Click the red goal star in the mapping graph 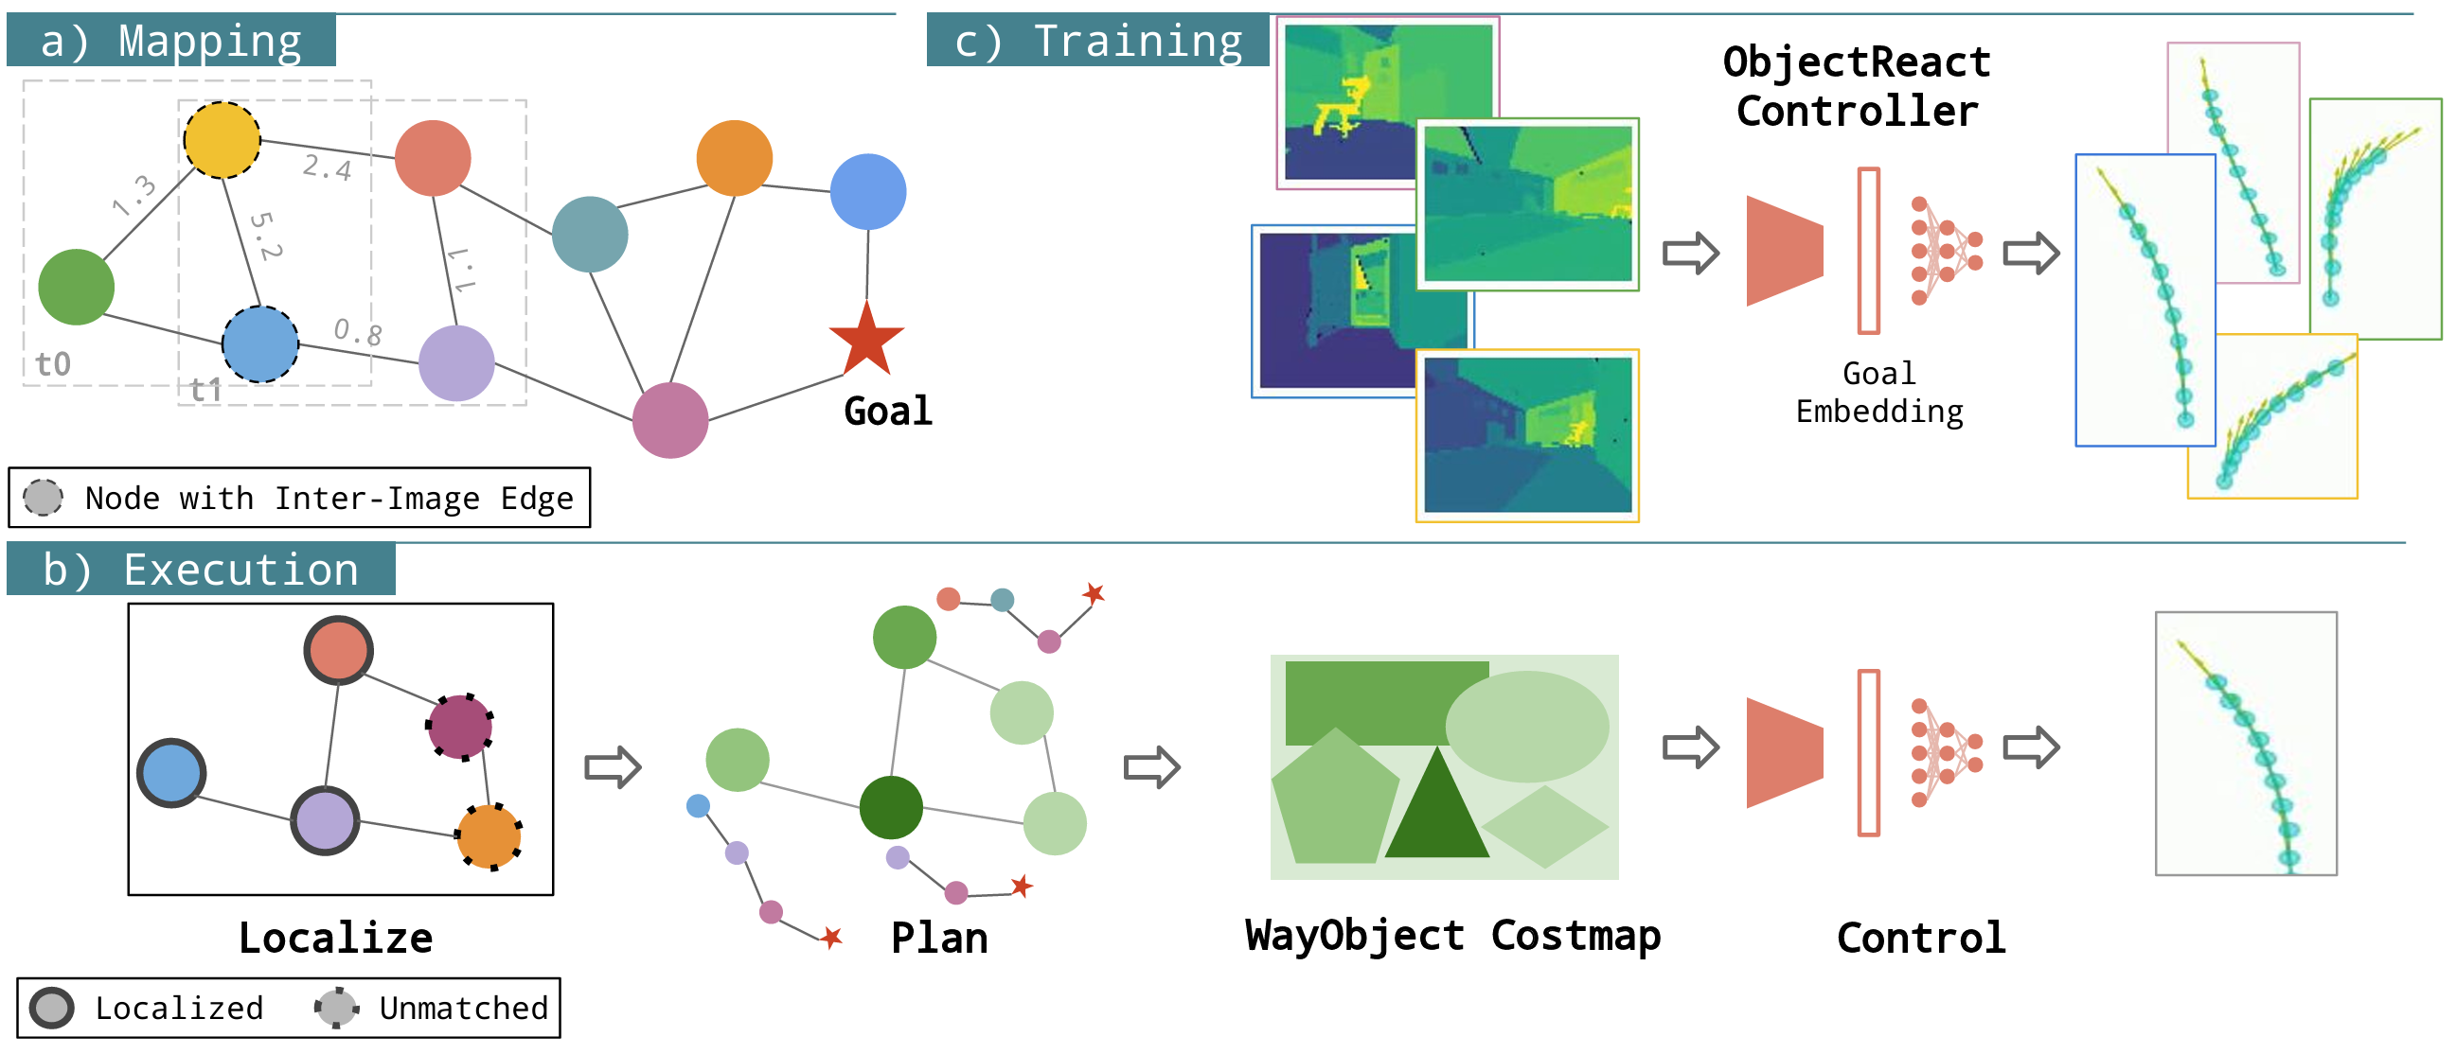(865, 342)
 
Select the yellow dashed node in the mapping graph (222, 140)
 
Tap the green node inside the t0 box (77, 287)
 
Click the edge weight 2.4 (327, 167)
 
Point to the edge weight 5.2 (266, 236)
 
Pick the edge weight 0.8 (358, 332)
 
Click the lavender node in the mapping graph (456, 363)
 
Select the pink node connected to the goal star (670, 420)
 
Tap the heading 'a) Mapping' (171, 41)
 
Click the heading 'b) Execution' (201, 570)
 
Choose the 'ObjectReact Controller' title (1857, 87)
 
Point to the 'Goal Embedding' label (1879, 393)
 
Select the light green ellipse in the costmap (1526, 727)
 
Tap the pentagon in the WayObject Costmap (1335, 800)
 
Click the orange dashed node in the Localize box (489, 836)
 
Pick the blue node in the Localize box (171, 772)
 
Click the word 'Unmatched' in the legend (463, 1009)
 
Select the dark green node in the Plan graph (891, 807)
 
